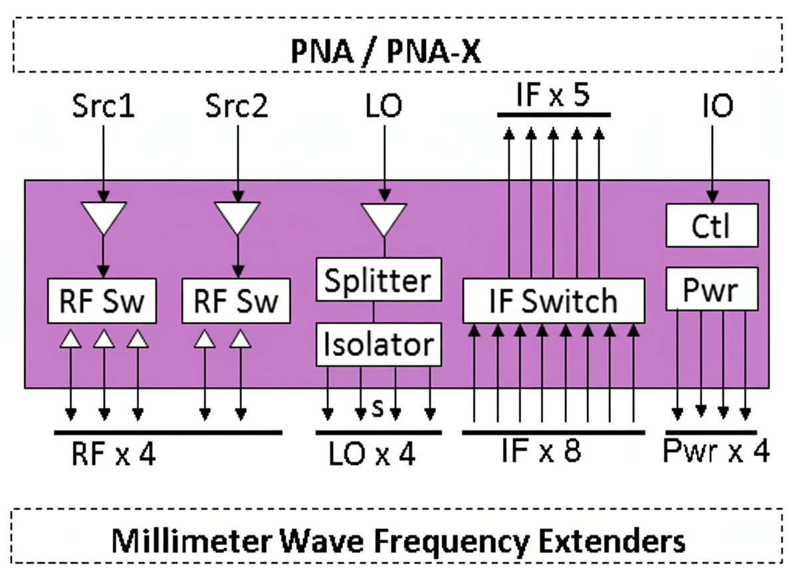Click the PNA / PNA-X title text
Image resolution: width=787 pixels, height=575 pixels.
(x=386, y=51)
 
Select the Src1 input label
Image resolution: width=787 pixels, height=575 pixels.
(x=104, y=106)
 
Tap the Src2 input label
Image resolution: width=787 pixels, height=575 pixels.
(x=237, y=106)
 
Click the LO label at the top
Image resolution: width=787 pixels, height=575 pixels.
(x=384, y=106)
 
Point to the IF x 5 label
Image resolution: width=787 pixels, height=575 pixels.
(x=554, y=97)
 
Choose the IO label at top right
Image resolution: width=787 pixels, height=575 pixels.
(x=717, y=106)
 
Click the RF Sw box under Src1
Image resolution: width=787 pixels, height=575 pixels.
(x=102, y=301)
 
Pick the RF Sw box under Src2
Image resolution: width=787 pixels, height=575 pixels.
(x=236, y=301)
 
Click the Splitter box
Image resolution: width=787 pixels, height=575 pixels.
(x=378, y=280)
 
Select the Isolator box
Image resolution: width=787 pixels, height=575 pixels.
(x=378, y=345)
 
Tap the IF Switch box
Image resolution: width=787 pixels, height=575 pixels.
(x=553, y=301)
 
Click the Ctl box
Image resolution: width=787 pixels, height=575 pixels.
(x=711, y=226)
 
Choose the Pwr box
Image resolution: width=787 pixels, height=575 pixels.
(x=711, y=289)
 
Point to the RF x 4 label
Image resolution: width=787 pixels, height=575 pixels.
(x=113, y=455)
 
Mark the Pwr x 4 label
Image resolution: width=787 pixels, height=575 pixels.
(x=717, y=452)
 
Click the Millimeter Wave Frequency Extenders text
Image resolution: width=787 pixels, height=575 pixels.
(x=398, y=540)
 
